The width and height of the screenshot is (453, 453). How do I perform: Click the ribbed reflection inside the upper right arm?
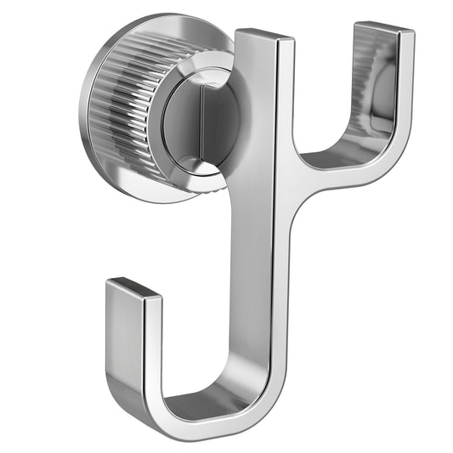click(x=374, y=85)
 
